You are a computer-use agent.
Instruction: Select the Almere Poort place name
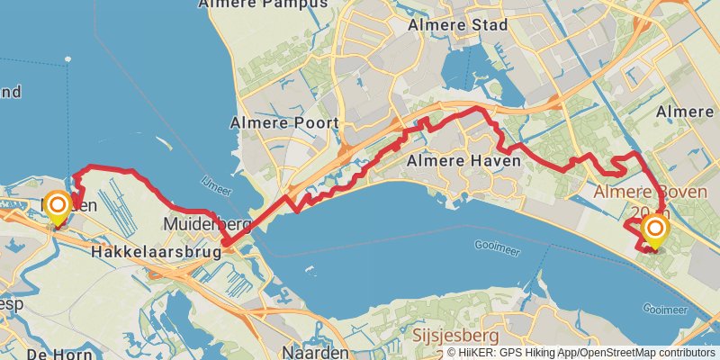[284, 122]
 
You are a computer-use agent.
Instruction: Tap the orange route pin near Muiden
[57, 209]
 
